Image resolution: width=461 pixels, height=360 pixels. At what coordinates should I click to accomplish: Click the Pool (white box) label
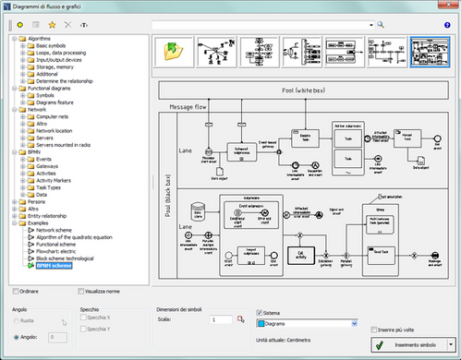(306, 90)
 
